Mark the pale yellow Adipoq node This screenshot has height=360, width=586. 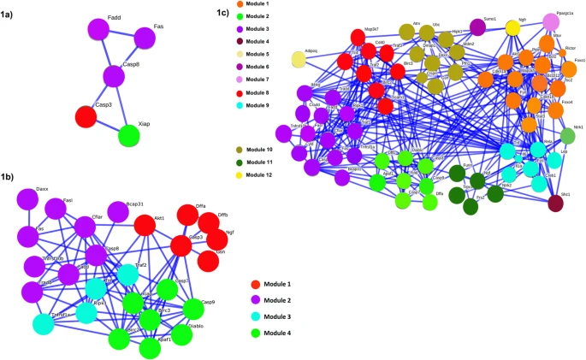click(299, 59)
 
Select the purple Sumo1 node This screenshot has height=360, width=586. click(477, 27)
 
